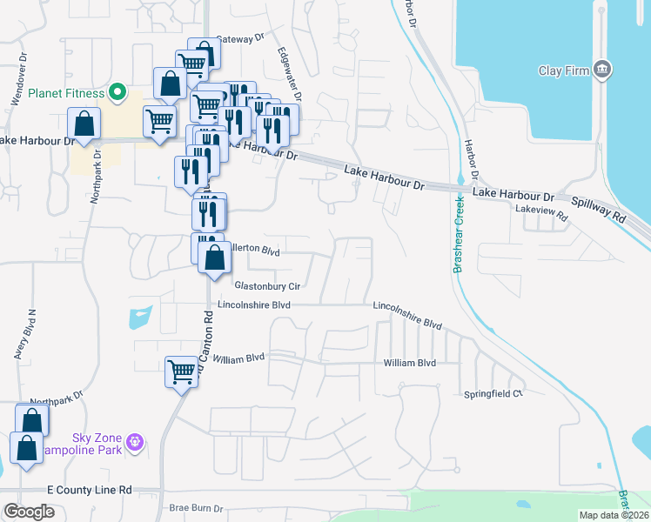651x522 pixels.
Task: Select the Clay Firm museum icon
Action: (602, 70)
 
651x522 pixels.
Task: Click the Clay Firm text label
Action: (564, 70)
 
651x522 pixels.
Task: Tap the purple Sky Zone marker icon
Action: (135, 443)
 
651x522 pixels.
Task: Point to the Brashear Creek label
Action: (458, 234)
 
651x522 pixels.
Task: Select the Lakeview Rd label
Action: (540, 210)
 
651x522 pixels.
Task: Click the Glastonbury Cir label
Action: (267, 285)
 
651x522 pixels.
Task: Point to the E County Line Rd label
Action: (90, 491)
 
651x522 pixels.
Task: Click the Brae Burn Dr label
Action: (197, 509)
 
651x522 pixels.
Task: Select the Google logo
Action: (29, 511)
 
